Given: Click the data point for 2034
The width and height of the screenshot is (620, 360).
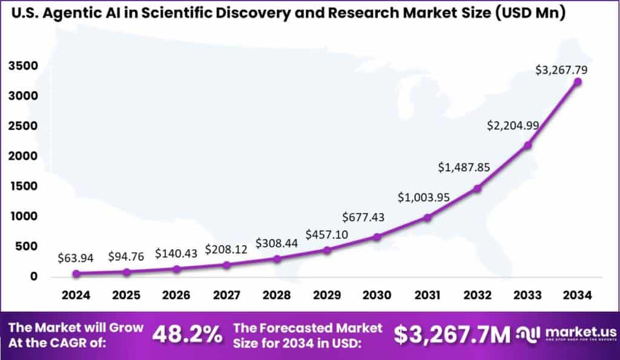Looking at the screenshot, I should coord(578,82).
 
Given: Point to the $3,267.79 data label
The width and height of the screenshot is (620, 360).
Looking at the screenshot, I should coord(561,70).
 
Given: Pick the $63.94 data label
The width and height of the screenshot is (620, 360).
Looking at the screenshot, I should coord(75,258).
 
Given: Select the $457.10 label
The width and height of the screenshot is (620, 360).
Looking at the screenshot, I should coord(326,234).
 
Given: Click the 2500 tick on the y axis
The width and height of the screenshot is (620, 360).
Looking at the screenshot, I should coord(24,126).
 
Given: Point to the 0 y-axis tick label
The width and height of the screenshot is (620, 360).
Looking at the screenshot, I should coord(34,277).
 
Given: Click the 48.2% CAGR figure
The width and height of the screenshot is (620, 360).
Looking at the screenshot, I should coord(186,335).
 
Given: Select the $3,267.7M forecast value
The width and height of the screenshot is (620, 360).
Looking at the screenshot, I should coord(452,335).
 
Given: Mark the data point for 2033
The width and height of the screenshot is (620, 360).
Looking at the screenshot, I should coord(527,145).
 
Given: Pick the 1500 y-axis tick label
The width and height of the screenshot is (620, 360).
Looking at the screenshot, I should coord(24,186).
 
